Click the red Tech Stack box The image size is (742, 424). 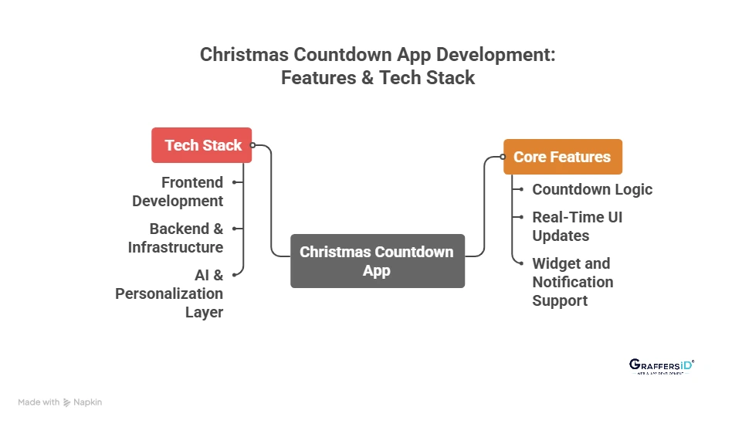click(202, 145)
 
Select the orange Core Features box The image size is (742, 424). click(562, 157)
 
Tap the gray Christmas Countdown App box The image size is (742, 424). click(377, 261)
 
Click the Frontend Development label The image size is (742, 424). click(178, 192)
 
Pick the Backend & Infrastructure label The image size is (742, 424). click(176, 238)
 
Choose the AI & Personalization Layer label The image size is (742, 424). click(170, 293)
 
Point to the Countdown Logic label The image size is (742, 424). click(591, 189)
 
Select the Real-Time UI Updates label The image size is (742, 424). click(577, 226)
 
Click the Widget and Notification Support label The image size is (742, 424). click(572, 282)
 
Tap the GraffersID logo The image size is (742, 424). click(662, 366)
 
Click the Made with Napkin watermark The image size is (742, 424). click(60, 402)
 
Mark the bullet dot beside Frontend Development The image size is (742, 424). click(234, 182)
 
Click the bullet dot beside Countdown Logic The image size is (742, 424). click(521, 189)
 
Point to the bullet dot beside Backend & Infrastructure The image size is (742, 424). click(234, 229)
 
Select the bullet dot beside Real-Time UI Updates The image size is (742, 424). click(521, 217)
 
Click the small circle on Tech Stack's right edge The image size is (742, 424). click(252, 144)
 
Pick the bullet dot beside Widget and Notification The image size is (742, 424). click(521, 263)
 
